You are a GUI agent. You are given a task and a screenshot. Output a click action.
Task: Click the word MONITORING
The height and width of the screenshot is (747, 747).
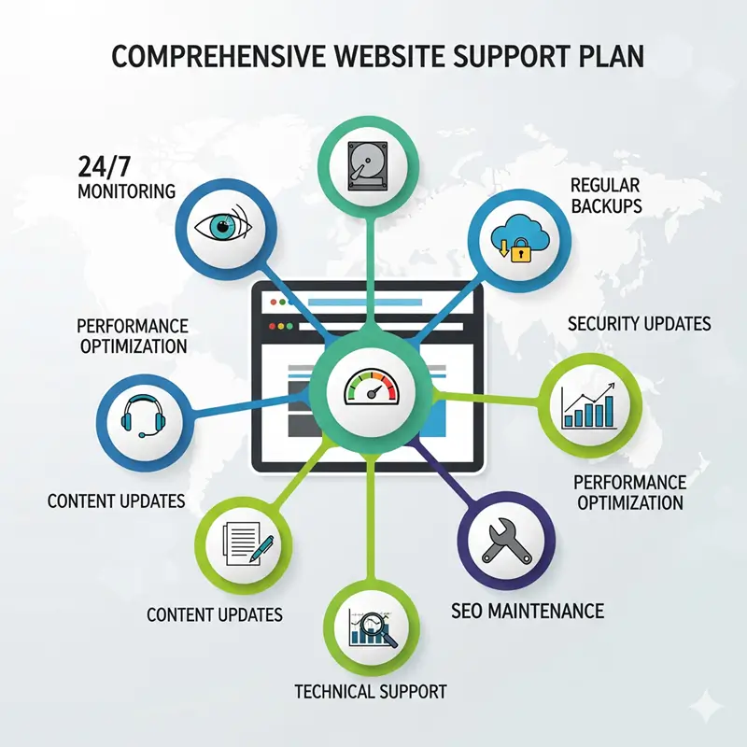(x=126, y=190)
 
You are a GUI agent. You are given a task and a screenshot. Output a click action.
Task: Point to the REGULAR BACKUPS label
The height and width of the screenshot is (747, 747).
(x=605, y=194)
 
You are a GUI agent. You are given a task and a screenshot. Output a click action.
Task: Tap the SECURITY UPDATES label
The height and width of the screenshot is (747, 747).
(x=639, y=324)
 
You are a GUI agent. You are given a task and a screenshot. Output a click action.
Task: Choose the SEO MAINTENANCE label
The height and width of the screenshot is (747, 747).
(x=527, y=613)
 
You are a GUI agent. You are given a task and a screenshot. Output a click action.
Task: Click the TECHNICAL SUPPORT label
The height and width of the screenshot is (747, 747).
(x=370, y=692)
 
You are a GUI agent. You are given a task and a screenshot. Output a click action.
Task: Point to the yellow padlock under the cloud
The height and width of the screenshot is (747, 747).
(x=520, y=252)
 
